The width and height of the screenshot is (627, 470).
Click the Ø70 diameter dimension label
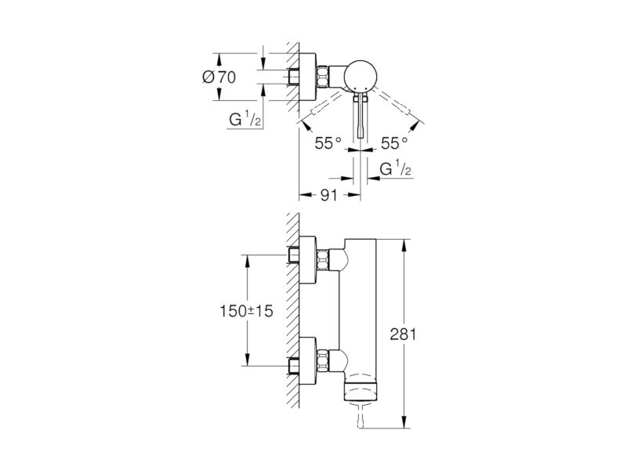point(219,77)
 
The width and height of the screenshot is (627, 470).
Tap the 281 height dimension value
point(403,334)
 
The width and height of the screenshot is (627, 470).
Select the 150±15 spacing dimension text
point(246,310)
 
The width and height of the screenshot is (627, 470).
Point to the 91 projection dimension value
point(329,195)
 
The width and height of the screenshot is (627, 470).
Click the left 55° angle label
point(328,143)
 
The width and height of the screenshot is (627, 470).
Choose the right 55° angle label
point(394,143)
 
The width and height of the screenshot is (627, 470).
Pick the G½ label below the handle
point(396,168)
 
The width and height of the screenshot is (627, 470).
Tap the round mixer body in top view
point(361,76)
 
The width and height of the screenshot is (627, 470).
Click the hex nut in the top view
point(323,77)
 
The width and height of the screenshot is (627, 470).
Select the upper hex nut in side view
point(323,259)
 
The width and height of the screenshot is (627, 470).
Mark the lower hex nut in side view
point(323,360)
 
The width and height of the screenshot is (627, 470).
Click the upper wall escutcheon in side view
point(308,260)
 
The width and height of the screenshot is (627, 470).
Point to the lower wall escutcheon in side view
point(308,360)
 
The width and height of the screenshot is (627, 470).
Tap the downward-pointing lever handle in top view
point(361,115)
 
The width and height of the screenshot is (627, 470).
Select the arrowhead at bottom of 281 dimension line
point(405,422)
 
